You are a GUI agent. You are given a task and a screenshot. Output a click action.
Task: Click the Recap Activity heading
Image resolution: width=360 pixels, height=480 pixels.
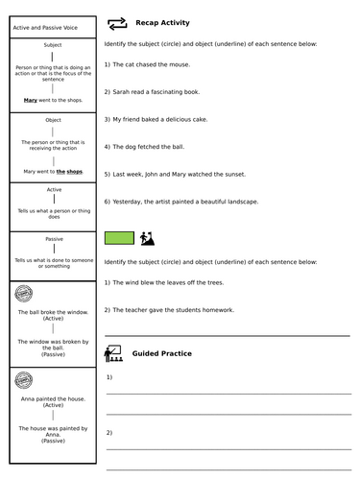pos(162,23)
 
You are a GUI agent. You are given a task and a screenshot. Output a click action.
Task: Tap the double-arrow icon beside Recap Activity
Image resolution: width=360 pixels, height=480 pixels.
pos(117,23)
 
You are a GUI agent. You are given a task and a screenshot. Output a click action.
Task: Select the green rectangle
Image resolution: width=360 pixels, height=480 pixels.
pos(119,237)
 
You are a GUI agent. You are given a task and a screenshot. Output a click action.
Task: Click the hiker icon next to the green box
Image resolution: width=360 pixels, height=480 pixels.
pos(148,237)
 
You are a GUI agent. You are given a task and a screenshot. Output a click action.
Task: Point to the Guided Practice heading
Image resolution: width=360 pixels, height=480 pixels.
pos(161,353)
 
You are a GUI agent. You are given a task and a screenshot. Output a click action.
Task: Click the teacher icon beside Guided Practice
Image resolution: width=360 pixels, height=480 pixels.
pos(112,353)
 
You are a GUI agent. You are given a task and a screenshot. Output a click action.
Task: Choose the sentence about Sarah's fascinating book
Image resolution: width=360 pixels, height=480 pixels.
pos(152,91)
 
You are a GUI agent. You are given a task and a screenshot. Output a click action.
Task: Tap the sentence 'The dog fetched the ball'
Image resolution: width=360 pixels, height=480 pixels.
pos(147,147)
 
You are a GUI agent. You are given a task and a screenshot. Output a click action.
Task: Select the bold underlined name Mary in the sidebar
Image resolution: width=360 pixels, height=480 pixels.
pos(31,99)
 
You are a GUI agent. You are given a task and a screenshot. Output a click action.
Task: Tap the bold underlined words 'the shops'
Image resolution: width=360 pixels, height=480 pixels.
pos(69,172)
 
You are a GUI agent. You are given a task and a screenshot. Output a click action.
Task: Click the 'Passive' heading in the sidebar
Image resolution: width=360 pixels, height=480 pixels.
pos(54,239)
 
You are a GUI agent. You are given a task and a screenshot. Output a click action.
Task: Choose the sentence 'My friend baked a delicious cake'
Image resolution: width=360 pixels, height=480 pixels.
pos(160,119)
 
